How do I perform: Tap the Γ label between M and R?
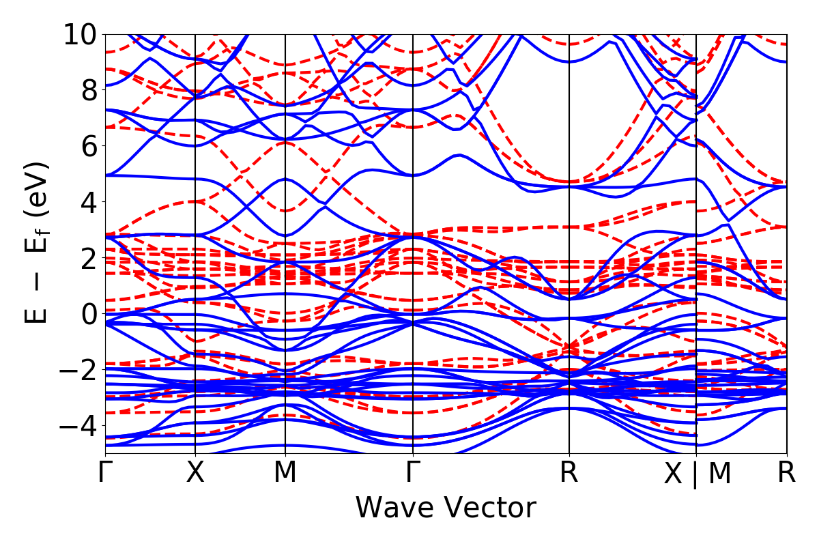coord(413,473)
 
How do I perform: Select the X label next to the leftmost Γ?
coord(196,473)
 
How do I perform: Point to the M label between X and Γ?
coord(285,473)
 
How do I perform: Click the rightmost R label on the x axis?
coord(787,473)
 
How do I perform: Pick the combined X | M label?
coord(697,474)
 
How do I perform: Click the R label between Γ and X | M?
coord(569,473)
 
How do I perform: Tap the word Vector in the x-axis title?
coord(490,508)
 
